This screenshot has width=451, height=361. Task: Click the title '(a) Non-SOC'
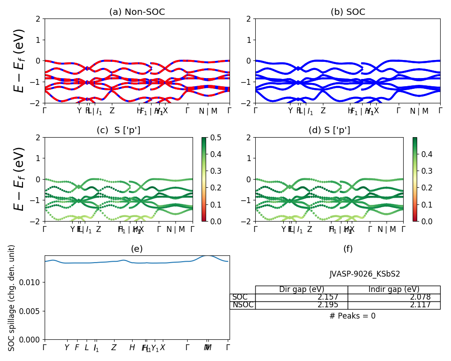pyautogui.click(x=137, y=12)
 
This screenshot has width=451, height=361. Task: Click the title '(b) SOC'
pyautogui.click(x=348, y=12)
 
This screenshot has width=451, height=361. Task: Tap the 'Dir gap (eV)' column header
pyautogui.click(x=301, y=290)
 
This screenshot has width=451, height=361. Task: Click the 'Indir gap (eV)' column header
pyautogui.click(x=394, y=290)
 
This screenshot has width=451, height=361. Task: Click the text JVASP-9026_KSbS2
pyautogui.click(x=365, y=274)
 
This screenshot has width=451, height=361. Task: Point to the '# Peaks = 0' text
pyautogui.click(x=352, y=316)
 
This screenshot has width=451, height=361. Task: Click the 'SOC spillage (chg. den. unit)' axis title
pyautogui.click(x=12, y=298)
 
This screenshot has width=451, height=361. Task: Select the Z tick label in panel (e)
pyautogui.click(x=114, y=348)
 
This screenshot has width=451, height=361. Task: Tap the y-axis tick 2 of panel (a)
pyautogui.click(x=39, y=19)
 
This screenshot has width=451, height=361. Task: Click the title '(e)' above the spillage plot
pyautogui.click(x=137, y=249)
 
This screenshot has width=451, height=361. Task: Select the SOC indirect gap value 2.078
pyautogui.click(x=420, y=297)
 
